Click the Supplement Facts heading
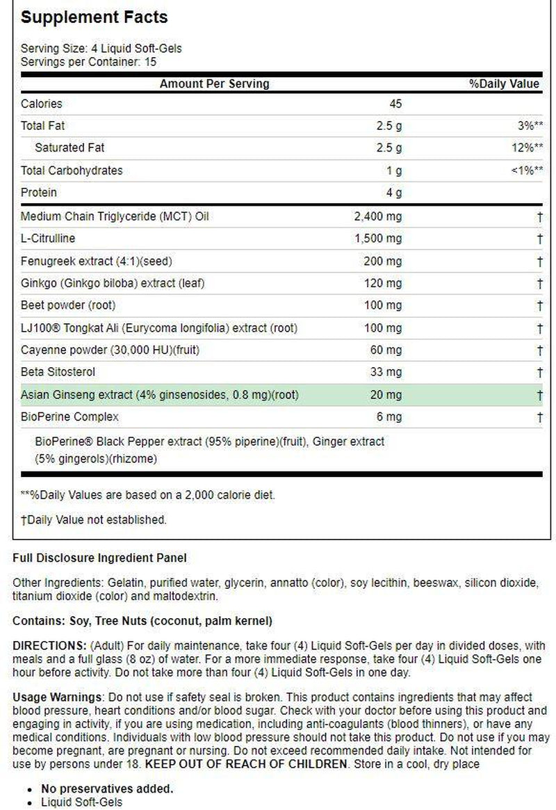[94, 17]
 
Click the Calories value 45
[395, 104]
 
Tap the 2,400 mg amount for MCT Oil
[378, 216]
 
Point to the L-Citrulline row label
[48, 238]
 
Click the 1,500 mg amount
[378, 238]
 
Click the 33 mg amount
[386, 373]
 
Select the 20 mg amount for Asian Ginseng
[386, 395]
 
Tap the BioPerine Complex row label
[69, 416]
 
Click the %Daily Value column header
[504, 84]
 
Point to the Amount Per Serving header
[214, 84]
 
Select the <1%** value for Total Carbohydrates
[526, 170]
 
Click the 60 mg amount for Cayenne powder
[386, 350]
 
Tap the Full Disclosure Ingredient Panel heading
[99, 558]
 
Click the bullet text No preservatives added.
[107, 788]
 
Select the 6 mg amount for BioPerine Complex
[389, 416]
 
